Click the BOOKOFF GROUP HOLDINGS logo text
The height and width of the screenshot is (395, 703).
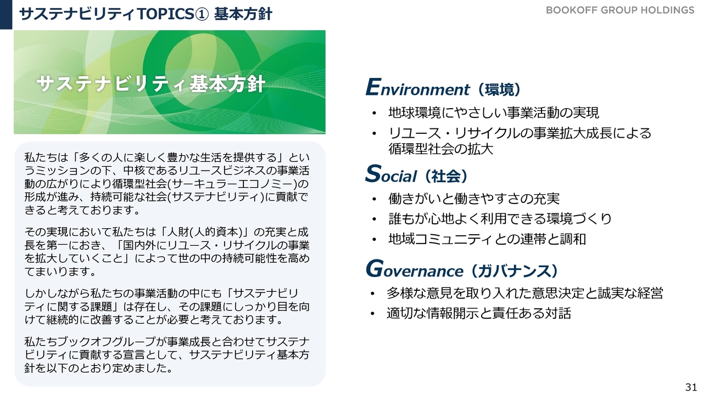[x=620, y=10]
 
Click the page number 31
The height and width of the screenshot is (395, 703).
[x=691, y=387]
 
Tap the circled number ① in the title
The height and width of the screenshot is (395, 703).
[x=202, y=14]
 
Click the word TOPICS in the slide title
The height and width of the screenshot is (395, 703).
[x=166, y=14]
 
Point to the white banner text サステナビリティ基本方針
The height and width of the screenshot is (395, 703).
[x=151, y=84]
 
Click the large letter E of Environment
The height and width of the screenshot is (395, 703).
[x=373, y=87]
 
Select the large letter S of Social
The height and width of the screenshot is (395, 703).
[x=373, y=173]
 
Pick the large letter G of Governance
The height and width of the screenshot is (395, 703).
[x=375, y=268]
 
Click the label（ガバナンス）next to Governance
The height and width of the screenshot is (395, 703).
[x=515, y=271]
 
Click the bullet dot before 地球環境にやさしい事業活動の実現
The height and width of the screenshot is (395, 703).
[x=374, y=113]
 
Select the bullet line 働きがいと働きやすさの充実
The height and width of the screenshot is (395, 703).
[x=474, y=199]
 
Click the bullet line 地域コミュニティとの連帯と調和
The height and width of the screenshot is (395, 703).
[x=487, y=239]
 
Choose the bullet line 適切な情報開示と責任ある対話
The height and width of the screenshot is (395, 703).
[x=478, y=313]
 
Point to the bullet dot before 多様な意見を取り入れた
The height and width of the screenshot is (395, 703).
[x=372, y=294]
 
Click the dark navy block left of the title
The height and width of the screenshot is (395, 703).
[x=6, y=14]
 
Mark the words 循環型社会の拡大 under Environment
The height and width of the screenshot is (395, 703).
[x=440, y=149]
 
